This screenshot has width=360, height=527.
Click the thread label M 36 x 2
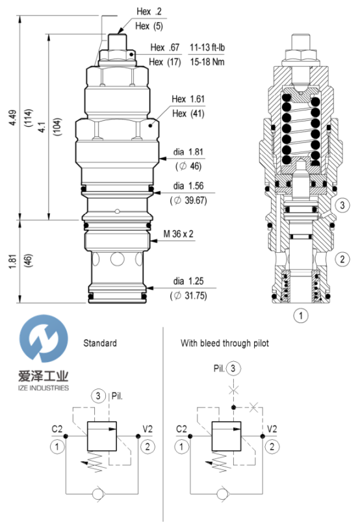[178, 233]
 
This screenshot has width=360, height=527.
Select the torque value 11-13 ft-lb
[207, 47]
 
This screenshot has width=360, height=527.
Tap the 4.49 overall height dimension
[13, 118]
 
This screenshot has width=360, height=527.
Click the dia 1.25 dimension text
[188, 281]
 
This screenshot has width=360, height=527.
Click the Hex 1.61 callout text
[188, 99]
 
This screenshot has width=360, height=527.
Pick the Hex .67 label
[164, 47]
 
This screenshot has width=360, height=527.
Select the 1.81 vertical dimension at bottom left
[12, 261]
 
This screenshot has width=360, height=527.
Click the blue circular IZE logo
[44, 339]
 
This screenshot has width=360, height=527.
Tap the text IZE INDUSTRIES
[44, 388]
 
